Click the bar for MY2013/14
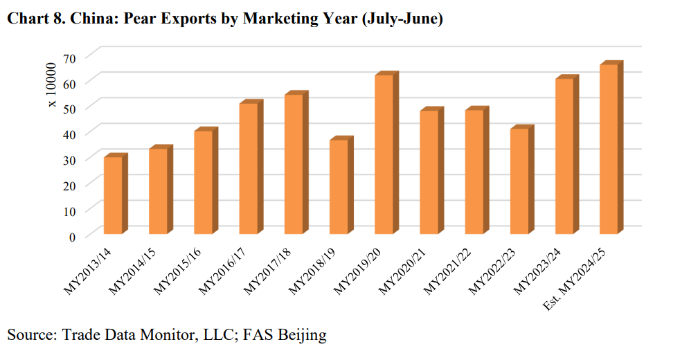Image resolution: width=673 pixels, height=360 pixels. [113, 195]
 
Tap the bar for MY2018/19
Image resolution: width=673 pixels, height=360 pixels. [339, 187]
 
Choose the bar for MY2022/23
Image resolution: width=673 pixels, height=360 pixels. [519, 181]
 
